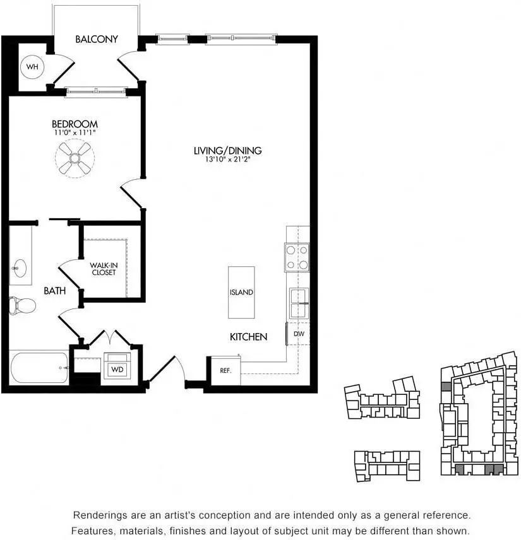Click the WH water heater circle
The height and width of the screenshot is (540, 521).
coord(32,66)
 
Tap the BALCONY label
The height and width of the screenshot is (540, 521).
coord(97,39)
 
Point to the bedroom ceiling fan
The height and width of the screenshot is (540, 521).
coord(75,158)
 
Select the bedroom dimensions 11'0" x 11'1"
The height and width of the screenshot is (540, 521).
coord(75,132)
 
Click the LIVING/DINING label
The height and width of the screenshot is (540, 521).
coord(227,151)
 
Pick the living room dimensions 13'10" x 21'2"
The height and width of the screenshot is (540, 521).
coord(227,159)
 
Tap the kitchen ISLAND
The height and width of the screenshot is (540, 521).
coord(241,292)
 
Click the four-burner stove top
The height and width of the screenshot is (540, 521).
coord(297,257)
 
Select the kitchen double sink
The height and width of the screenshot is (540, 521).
coord(299,303)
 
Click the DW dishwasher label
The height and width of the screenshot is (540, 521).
coord(299,334)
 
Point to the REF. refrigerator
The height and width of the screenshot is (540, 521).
coord(225,370)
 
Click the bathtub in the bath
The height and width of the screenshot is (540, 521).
coord(39,367)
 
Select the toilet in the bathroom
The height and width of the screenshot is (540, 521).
coord(22,305)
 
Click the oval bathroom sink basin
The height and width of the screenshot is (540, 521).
coord(20,268)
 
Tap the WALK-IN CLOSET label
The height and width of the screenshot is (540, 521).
coord(104,269)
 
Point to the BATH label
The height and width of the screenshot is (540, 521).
coord(55,291)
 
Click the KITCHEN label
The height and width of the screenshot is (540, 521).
coord(249,337)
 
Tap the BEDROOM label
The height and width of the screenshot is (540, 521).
coord(75,124)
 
